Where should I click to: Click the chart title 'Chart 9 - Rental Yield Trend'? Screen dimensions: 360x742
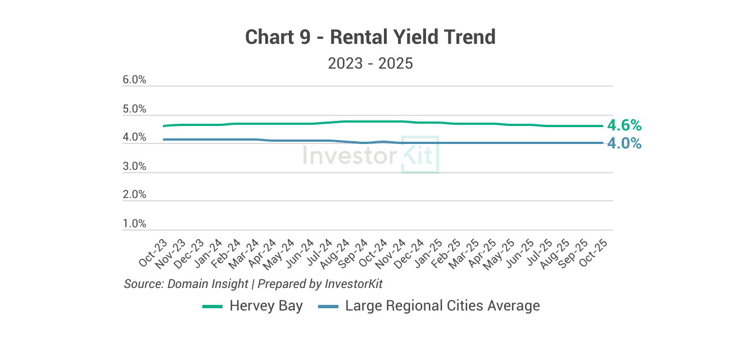point(370,37)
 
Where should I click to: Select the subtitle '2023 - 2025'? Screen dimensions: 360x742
point(370,63)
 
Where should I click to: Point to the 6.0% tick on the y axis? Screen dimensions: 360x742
point(134,80)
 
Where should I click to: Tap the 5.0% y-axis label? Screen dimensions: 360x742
point(134,109)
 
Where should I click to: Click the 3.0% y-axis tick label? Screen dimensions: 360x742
point(134,166)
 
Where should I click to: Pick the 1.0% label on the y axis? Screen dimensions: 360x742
point(134,224)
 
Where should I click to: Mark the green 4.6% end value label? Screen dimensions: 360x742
point(625,125)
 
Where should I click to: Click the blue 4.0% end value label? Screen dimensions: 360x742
point(625,143)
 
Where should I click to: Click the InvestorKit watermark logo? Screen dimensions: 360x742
point(370,155)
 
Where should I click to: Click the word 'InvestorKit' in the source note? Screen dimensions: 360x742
point(354,283)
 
